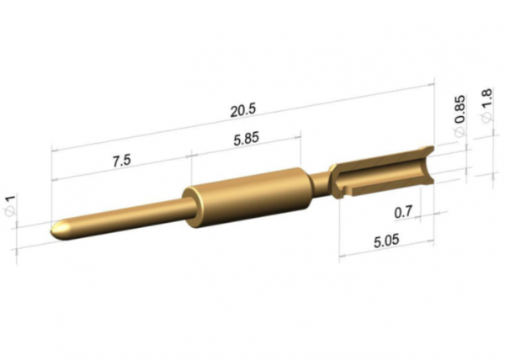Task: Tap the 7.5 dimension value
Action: (121, 161)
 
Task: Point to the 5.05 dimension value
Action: (386, 242)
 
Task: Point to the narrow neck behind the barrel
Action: (319, 179)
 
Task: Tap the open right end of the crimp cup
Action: (428, 164)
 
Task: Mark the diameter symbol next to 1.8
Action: (486, 120)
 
